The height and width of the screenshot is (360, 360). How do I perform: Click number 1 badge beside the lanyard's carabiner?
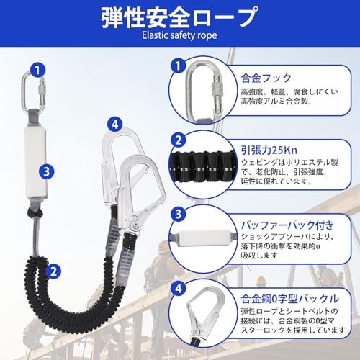[x=37, y=70]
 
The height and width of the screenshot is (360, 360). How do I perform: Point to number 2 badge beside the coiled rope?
[x=53, y=271]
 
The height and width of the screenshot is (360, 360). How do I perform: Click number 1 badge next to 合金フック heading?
[x=175, y=66]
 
